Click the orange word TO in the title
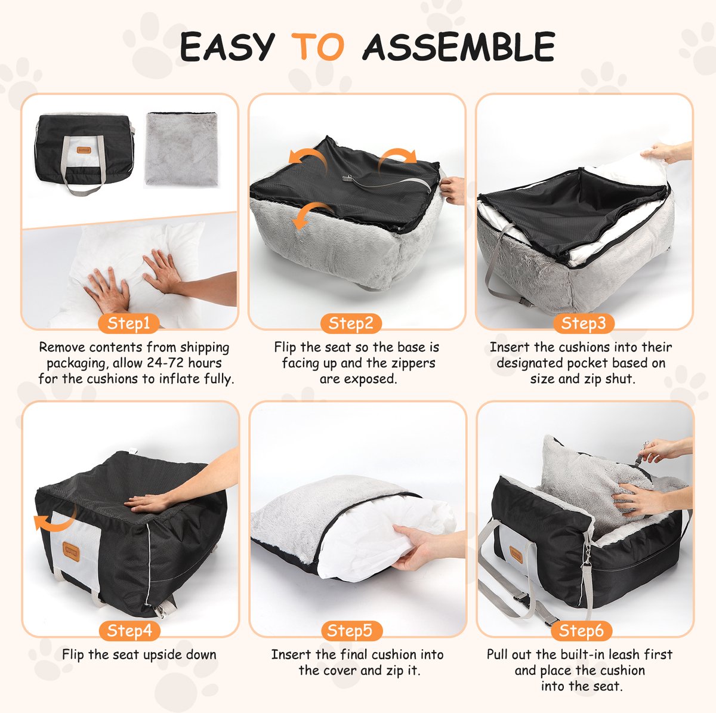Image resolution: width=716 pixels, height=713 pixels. (x=317, y=47)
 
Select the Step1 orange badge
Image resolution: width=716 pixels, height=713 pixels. (x=128, y=323)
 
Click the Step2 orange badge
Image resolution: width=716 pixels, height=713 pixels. (x=351, y=323)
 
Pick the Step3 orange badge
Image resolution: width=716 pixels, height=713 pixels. (x=584, y=323)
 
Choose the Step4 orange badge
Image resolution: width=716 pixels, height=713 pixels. (x=129, y=631)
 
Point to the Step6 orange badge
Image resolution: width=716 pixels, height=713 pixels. (x=582, y=631)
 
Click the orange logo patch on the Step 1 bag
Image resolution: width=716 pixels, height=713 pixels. (x=84, y=150)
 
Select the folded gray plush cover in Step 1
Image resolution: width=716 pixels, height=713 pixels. (x=181, y=149)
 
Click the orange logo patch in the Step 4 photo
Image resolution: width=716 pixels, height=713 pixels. (x=71, y=552)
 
